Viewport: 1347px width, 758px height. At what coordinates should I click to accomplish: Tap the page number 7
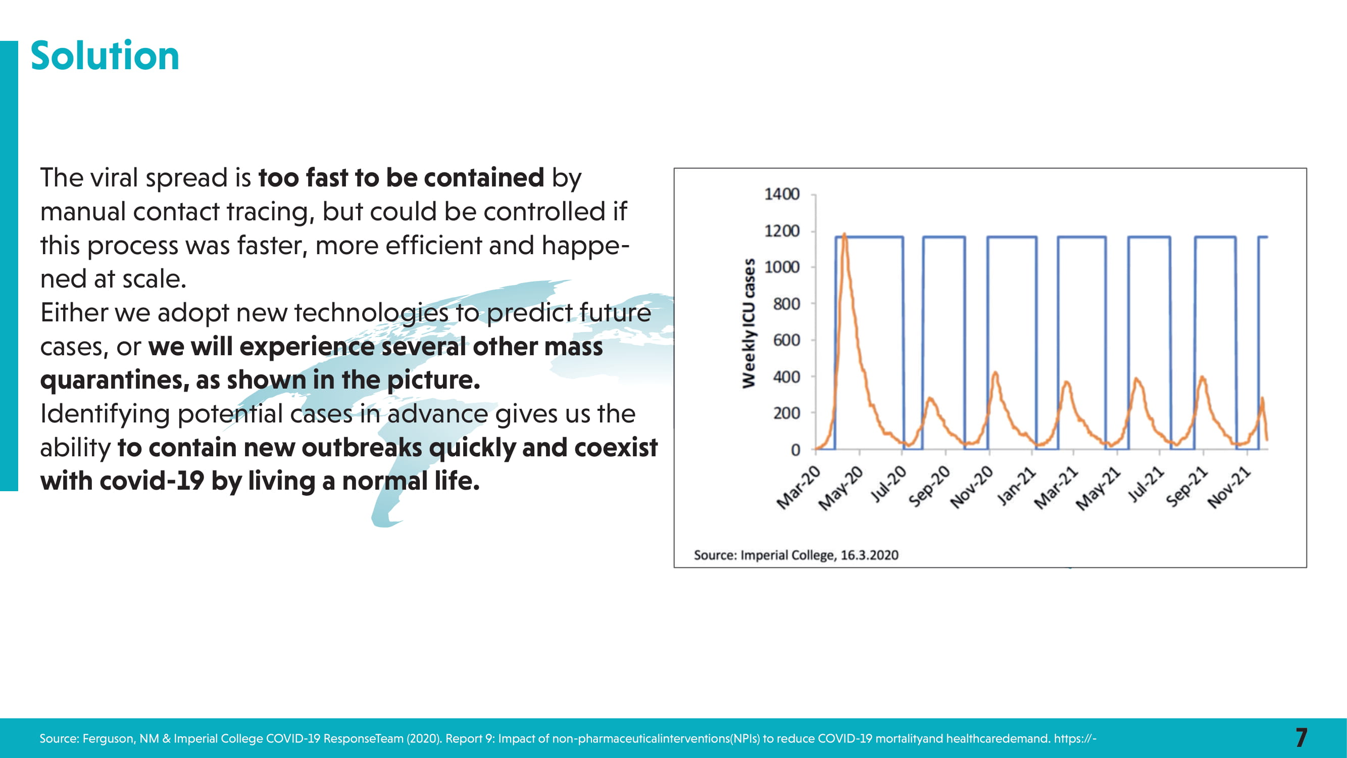click(1302, 738)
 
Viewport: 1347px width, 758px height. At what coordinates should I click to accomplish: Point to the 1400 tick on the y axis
click(782, 194)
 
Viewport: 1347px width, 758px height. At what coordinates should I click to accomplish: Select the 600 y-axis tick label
click(786, 340)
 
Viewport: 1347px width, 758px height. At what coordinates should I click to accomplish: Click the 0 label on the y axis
click(795, 450)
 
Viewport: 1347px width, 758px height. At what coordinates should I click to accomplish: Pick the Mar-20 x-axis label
click(799, 488)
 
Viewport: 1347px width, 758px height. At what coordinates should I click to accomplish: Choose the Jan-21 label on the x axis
click(1016, 487)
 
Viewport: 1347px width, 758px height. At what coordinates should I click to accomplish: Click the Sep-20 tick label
click(929, 487)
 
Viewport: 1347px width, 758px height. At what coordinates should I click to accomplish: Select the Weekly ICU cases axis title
click(749, 323)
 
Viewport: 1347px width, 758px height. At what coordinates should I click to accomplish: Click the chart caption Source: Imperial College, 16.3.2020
click(796, 555)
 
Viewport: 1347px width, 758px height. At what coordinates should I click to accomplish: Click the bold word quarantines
click(115, 381)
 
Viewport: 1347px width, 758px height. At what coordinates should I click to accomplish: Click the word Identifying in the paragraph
click(105, 414)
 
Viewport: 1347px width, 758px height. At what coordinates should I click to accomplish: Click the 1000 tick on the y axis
click(782, 267)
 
